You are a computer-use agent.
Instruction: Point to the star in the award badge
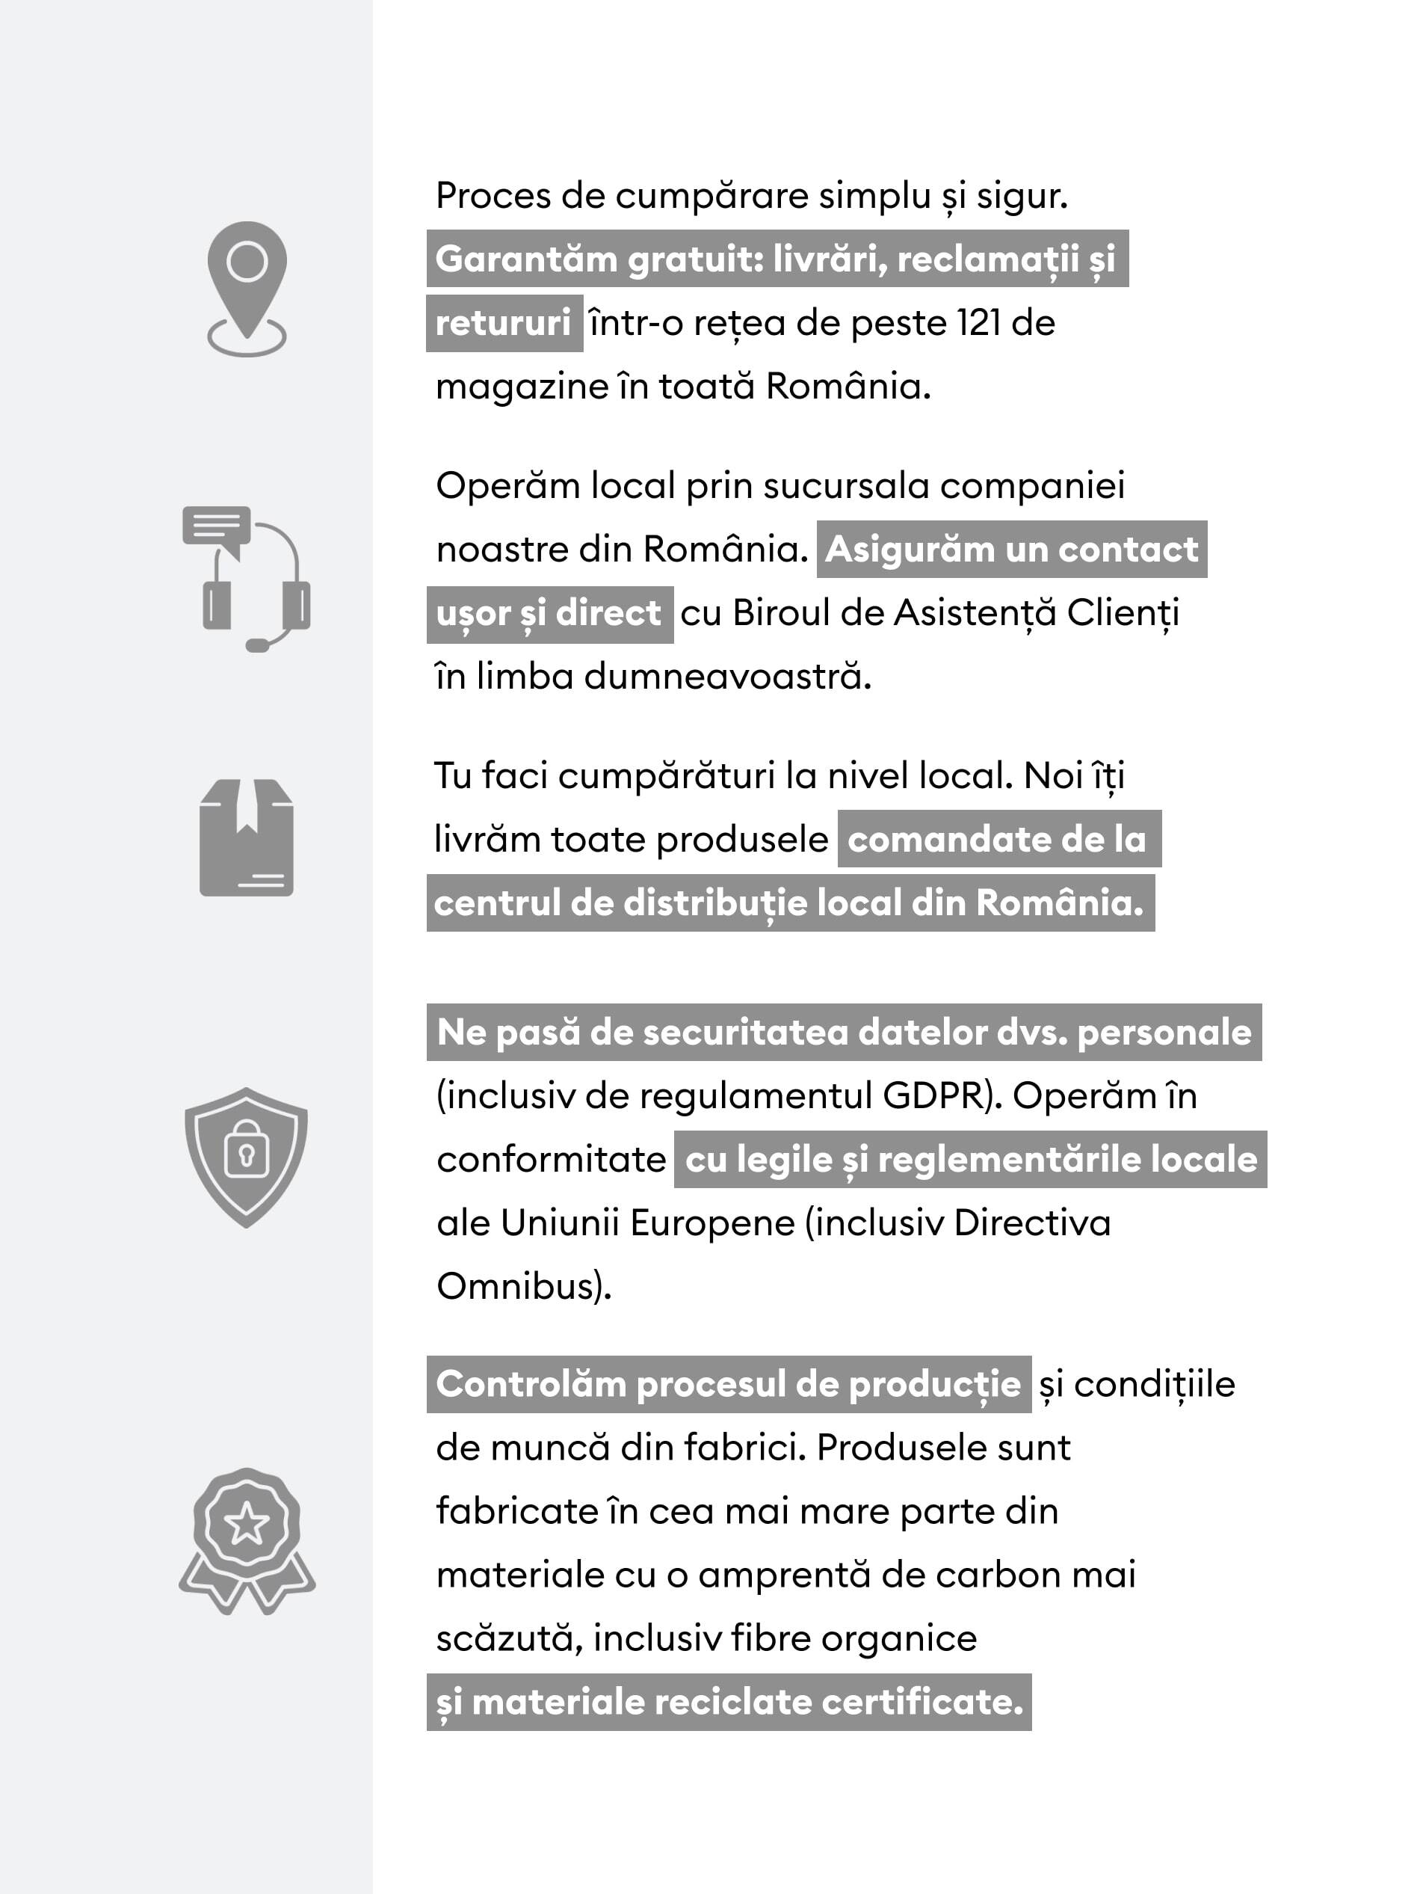[x=247, y=1524]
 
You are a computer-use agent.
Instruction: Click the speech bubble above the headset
[x=216, y=526]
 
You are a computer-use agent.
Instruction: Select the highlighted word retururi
[x=503, y=324]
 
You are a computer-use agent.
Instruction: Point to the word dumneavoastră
[x=727, y=677]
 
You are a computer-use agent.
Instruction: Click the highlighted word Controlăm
[x=531, y=1385]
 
